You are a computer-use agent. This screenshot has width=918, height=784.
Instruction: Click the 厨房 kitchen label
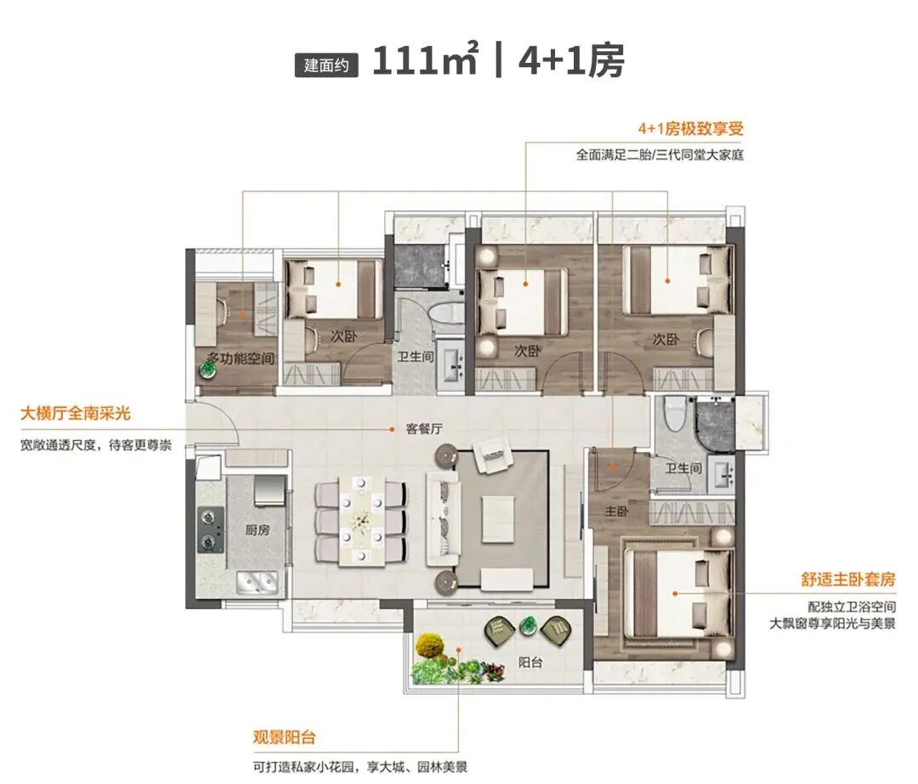click(258, 530)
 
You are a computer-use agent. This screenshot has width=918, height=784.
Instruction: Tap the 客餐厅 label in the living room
click(424, 429)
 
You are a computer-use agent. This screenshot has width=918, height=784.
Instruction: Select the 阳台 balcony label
click(530, 663)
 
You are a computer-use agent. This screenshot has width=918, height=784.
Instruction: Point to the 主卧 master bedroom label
click(616, 511)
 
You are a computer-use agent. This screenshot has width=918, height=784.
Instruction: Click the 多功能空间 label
click(240, 358)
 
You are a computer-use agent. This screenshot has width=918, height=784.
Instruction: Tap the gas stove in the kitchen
click(210, 529)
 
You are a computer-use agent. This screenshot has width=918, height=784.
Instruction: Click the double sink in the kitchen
click(257, 582)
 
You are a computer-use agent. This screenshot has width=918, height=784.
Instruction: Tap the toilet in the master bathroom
click(676, 413)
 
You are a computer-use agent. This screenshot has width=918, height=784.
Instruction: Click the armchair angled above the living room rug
click(493, 454)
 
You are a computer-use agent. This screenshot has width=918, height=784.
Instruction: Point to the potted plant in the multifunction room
click(207, 369)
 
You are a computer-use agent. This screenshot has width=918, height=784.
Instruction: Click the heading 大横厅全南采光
click(76, 414)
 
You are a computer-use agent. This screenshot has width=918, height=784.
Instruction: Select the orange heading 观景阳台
click(284, 736)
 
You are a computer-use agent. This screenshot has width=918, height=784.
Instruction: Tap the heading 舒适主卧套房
click(848, 579)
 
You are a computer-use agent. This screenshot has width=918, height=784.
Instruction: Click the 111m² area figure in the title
click(425, 59)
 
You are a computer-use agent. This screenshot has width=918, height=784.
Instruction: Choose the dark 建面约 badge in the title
click(326, 65)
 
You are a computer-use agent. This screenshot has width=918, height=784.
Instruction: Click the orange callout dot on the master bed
click(675, 593)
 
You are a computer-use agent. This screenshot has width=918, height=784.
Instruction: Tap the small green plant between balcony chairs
click(529, 625)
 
